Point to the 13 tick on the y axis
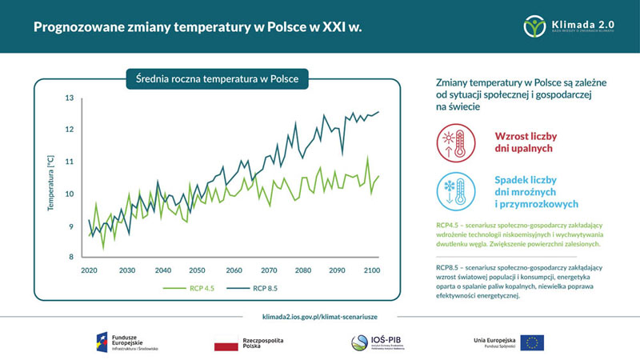click(69, 98)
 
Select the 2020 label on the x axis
click(89, 270)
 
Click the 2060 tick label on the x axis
click(234, 270)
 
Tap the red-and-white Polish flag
click(226, 346)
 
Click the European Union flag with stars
click(532, 342)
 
